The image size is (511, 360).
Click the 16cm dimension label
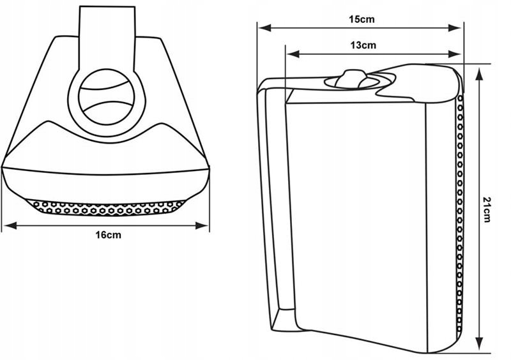click(x=108, y=235)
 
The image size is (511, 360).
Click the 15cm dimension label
click(x=362, y=19)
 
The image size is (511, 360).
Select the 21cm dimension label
click(x=486, y=209)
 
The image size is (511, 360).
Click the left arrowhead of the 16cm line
click(x=6, y=225)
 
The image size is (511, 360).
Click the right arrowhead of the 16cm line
click(x=206, y=225)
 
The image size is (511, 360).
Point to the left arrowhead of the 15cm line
click(x=261, y=27)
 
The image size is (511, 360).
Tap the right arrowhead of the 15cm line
click(x=459, y=27)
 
